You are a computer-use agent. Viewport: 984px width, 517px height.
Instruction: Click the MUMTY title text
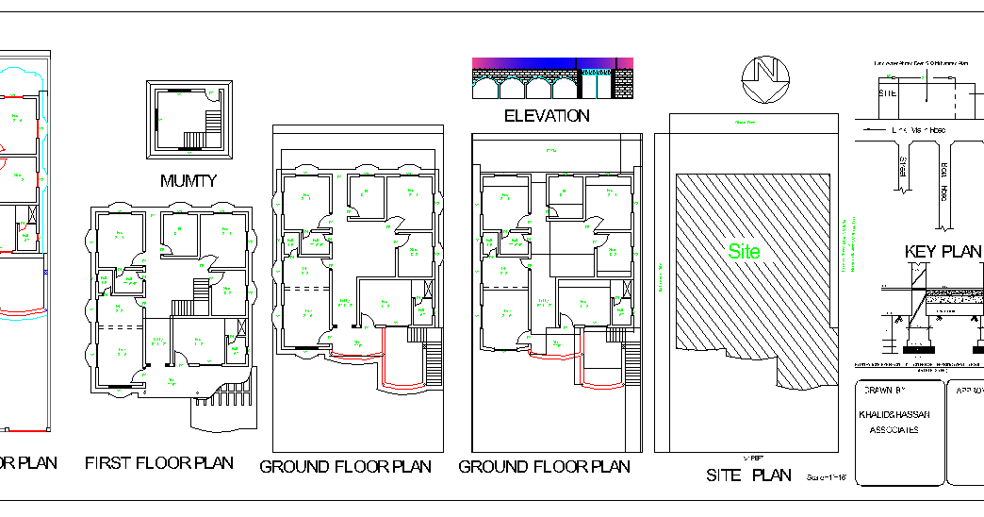pyautogui.click(x=189, y=180)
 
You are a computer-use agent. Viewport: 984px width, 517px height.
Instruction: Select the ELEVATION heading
pyautogui.click(x=547, y=116)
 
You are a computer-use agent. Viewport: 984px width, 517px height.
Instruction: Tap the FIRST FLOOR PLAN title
pyautogui.click(x=158, y=463)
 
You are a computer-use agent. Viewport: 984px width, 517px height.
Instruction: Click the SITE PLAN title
pyautogui.click(x=749, y=475)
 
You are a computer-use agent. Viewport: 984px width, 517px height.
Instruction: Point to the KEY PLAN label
pyautogui.click(x=943, y=252)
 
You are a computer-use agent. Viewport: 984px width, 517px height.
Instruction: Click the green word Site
pyautogui.click(x=744, y=252)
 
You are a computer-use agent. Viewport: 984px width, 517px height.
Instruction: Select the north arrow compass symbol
pyautogui.click(x=763, y=78)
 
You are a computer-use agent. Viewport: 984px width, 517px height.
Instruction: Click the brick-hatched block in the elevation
pyautogui.click(x=623, y=84)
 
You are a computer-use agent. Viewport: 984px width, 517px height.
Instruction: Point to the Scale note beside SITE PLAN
pyautogui.click(x=829, y=478)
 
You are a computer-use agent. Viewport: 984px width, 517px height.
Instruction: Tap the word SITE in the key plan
pyautogui.click(x=888, y=93)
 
